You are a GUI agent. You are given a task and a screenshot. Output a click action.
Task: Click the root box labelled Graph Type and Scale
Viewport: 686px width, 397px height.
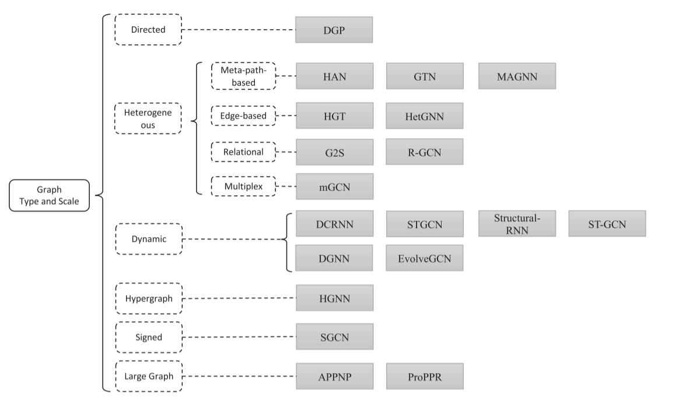pyautogui.click(x=49, y=195)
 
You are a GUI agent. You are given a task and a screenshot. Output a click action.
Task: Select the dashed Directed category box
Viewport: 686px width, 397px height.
pyautogui.click(x=148, y=29)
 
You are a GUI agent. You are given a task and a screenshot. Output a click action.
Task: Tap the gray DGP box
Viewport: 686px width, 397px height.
pyautogui.click(x=334, y=30)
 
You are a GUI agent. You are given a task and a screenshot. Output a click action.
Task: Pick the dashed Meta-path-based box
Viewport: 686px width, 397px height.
pyautogui.click(x=243, y=76)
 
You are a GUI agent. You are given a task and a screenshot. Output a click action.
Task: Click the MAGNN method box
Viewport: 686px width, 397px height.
pyautogui.click(x=517, y=76)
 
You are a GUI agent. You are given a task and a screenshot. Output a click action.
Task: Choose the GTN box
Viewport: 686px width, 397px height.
pyautogui.click(x=425, y=76)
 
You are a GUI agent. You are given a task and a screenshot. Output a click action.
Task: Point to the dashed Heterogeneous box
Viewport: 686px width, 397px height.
pyautogui.click(x=148, y=118)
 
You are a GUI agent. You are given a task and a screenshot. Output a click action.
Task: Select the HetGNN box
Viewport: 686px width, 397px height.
pyautogui.click(x=425, y=116)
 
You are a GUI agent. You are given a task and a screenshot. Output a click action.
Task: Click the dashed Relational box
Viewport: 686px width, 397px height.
pyautogui.click(x=243, y=152)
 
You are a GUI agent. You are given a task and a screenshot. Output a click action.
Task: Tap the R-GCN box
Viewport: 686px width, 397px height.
pyautogui.click(x=425, y=152)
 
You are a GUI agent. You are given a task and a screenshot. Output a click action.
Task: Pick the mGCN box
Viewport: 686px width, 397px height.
pyautogui.click(x=335, y=187)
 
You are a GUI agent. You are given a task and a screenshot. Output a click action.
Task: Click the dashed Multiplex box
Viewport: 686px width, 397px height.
pyautogui.click(x=243, y=187)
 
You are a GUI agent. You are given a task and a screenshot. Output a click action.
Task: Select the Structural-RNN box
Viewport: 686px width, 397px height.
pyautogui.click(x=517, y=224)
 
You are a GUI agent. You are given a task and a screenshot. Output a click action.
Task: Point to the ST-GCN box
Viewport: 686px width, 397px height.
pyautogui.click(x=607, y=224)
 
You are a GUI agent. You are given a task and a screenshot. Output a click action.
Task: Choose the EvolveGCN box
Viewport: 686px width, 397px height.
pyautogui.click(x=425, y=258)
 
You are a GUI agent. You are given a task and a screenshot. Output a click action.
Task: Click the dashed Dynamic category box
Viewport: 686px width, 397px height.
pyautogui.click(x=149, y=239)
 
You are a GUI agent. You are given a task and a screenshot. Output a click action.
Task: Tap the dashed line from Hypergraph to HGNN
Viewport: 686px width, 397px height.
pyautogui.click(x=239, y=298)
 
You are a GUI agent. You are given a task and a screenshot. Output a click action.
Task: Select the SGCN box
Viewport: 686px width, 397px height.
pyautogui.click(x=335, y=337)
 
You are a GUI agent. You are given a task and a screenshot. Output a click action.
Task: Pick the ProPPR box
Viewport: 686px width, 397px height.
pyautogui.click(x=425, y=377)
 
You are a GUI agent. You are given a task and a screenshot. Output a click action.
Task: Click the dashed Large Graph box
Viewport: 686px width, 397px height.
pyautogui.click(x=149, y=376)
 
